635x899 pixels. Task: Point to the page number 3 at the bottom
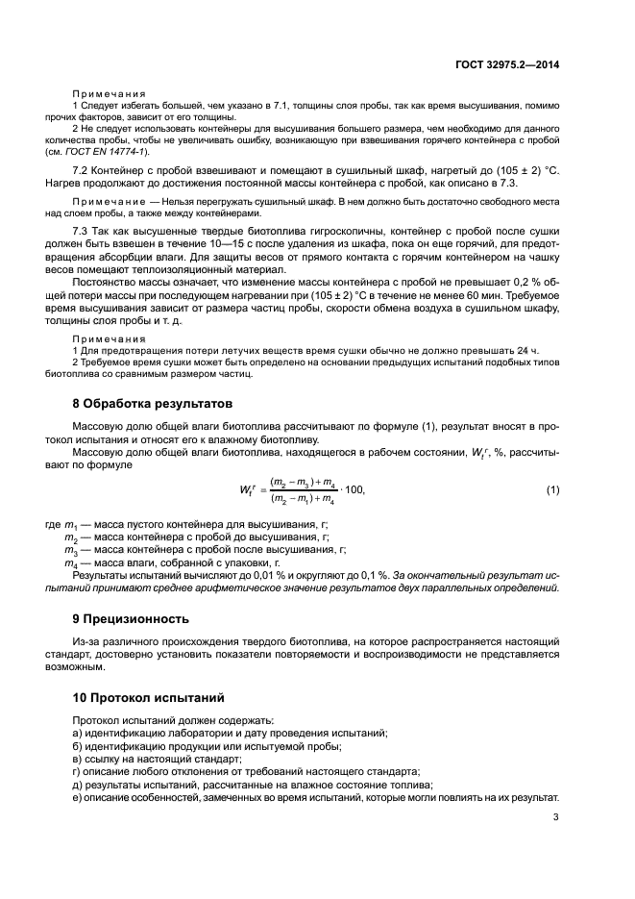[556, 818]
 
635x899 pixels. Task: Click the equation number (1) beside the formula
[552, 490]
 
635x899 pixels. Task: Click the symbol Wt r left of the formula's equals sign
[249, 490]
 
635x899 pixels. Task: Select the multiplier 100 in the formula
[354, 490]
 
